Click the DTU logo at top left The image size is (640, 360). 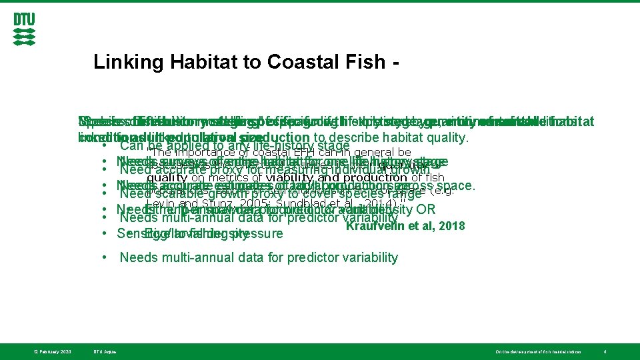click(24, 30)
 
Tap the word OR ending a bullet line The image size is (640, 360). click(425, 209)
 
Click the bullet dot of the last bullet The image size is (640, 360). click(105, 257)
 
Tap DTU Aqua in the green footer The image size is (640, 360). click(105, 351)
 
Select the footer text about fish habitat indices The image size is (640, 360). click(538, 351)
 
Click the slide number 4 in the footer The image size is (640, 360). click(603, 351)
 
